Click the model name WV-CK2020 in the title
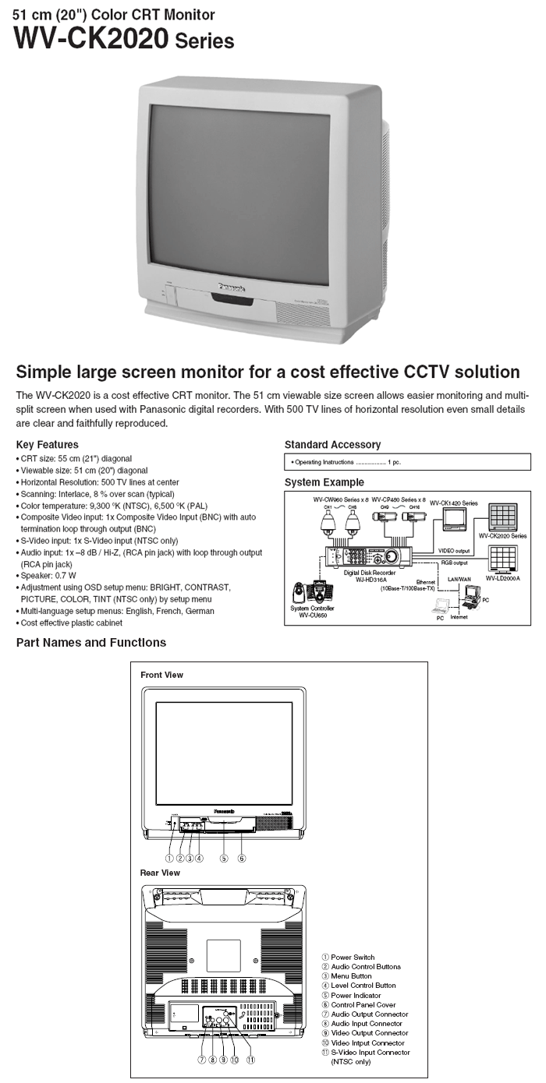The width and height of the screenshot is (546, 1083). click(x=91, y=37)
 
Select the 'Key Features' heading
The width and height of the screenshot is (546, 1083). click(x=47, y=445)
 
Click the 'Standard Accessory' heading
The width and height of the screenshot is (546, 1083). click(x=332, y=445)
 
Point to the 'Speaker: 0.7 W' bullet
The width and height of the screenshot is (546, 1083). click(x=48, y=576)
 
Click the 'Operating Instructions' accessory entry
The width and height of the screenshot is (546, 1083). click(x=344, y=462)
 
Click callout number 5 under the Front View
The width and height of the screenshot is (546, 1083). click(x=223, y=859)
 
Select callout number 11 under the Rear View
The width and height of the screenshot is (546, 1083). click(x=250, y=1060)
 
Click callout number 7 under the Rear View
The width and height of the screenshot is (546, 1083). click(x=202, y=1060)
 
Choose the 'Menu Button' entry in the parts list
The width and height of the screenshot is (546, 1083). click(x=351, y=976)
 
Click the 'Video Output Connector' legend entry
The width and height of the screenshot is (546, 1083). click(x=368, y=1033)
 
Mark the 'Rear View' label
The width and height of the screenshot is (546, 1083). click(x=160, y=873)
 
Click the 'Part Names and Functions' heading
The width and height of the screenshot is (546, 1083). click(x=91, y=643)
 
